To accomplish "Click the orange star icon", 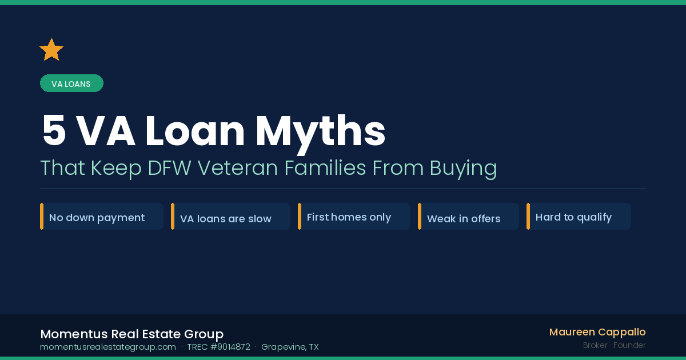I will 51,50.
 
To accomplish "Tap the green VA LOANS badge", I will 71,83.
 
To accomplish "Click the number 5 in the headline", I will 54,131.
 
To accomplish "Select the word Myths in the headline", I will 321,131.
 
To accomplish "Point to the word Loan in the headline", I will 195,131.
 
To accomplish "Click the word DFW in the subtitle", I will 169,168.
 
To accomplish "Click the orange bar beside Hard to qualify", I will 528,217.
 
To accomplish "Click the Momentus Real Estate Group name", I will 131,334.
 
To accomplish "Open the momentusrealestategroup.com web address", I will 108,347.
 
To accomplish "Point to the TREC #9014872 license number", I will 218,347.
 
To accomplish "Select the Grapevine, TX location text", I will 290,347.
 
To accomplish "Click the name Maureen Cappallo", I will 597,332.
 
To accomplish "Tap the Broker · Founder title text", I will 614,345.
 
